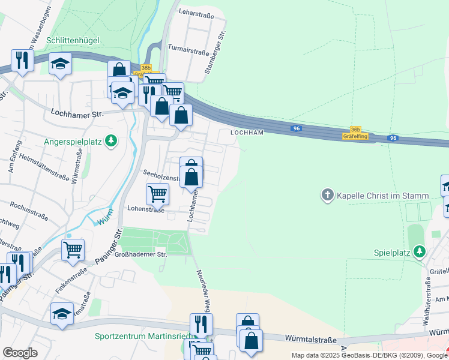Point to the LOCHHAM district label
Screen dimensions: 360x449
pyautogui.click(x=247, y=133)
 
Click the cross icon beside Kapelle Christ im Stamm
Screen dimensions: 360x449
pyautogui.click(x=328, y=196)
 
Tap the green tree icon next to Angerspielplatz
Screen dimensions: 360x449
pyautogui.click(x=111, y=142)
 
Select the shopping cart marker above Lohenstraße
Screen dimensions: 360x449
pyautogui.click(x=157, y=193)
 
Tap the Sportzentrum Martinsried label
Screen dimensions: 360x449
pyautogui.click(x=137, y=336)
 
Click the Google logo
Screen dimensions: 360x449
pyautogui.click(x=20, y=353)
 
